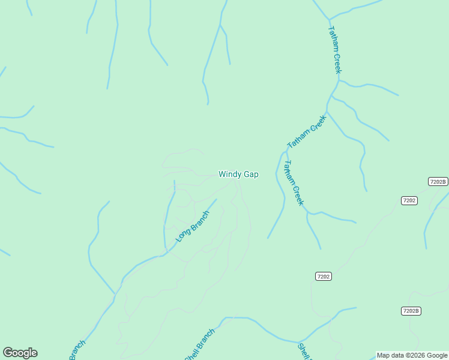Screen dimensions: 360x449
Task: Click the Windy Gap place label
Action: pos(238,175)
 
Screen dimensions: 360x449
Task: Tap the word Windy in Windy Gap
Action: pos(229,175)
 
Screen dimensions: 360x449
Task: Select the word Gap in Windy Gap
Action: pos(251,175)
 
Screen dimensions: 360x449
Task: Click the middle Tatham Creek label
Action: pos(306,132)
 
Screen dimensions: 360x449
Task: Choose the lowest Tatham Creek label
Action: pos(294,182)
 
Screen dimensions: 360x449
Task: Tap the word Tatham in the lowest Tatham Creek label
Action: pos(289,173)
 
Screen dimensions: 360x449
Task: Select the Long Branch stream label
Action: pos(193,227)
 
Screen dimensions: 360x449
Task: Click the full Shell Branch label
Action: pos(199,346)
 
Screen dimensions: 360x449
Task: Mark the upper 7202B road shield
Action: pos(438,182)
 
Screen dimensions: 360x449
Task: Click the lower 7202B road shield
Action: pos(411,311)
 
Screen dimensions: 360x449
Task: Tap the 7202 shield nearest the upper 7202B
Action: pos(409,200)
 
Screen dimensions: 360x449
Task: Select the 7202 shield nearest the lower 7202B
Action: pos(323,276)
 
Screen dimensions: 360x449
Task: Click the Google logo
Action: pos(20,353)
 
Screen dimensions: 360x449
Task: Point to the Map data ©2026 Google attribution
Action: pos(412,355)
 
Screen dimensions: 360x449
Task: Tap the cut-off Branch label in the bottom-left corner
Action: pos(77,350)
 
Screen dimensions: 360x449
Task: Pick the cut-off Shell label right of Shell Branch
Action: pos(304,352)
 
